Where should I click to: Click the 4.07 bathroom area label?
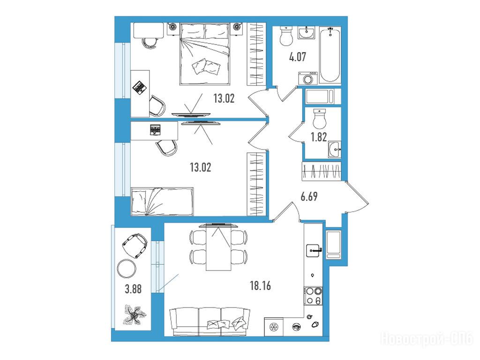pyautogui.click(x=297, y=57)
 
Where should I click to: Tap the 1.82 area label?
pyautogui.click(x=319, y=137)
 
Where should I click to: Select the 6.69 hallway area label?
pyautogui.click(x=309, y=196)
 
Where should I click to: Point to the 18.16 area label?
pyautogui.click(x=260, y=286)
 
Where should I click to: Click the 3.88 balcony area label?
pyautogui.click(x=133, y=289)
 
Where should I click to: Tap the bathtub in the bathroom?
pyautogui.click(x=330, y=54)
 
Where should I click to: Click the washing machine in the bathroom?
pyautogui.click(x=307, y=78)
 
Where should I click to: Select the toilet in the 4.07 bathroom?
pyautogui.click(x=286, y=36)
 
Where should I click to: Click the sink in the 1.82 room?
pyautogui.click(x=335, y=150)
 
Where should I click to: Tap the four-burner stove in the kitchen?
pyautogui.click(x=313, y=295)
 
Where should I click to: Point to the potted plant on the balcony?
pyautogui.click(x=135, y=315)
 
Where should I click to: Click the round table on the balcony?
pyautogui.click(x=127, y=269)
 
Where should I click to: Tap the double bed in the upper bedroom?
pyautogui.click(x=205, y=53)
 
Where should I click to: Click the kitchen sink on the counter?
pyautogui.click(x=314, y=250)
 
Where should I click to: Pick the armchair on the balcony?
pyautogui.click(x=135, y=245)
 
